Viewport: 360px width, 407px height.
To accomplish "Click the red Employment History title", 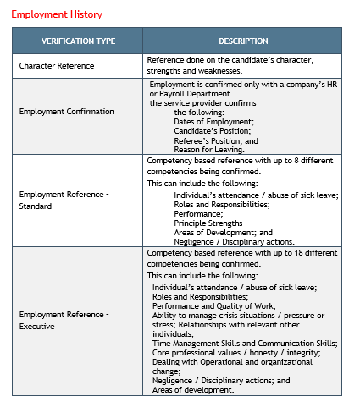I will click(57, 14).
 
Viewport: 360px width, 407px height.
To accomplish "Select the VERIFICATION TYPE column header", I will click(77, 41).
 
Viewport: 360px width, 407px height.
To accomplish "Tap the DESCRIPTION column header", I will click(243, 41).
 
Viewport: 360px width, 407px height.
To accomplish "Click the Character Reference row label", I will click(57, 65).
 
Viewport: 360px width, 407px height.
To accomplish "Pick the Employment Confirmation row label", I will click(66, 112).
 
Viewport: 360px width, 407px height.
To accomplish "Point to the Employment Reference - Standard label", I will click(64, 200).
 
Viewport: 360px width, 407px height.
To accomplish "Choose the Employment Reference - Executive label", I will click(64, 320).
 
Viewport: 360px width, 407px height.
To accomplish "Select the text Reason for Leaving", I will click(208, 150).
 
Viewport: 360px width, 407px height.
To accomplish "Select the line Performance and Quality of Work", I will click(213, 305).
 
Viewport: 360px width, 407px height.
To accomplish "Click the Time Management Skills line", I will click(244, 343).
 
